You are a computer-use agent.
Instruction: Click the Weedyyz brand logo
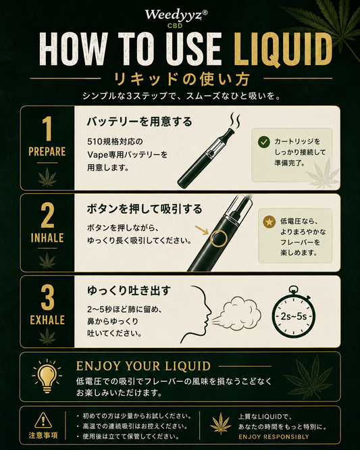(176, 15)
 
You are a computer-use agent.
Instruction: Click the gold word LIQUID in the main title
(283, 49)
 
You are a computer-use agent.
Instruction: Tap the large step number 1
(47, 128)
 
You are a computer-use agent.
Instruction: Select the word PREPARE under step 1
(47, 151)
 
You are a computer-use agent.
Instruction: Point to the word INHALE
(47, 238)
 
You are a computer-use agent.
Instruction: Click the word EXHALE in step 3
(47, 320)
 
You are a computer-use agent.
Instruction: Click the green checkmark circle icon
(263, 142)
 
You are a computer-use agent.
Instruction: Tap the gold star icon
(269, 222)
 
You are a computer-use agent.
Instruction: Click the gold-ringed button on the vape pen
(218, 239)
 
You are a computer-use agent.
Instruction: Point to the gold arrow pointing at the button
(202, 230)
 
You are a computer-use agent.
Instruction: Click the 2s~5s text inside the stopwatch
(293, 316)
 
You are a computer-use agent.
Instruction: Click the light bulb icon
(47, 376)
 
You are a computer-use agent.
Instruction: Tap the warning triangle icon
(43, 420)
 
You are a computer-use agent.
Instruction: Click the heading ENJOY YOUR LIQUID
(143, 366)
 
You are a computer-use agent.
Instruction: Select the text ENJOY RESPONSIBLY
(274, 436)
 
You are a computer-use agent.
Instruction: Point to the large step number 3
(47, 298)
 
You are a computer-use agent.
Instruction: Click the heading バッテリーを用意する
(139, 122)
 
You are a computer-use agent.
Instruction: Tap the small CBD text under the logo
(175, 26)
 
